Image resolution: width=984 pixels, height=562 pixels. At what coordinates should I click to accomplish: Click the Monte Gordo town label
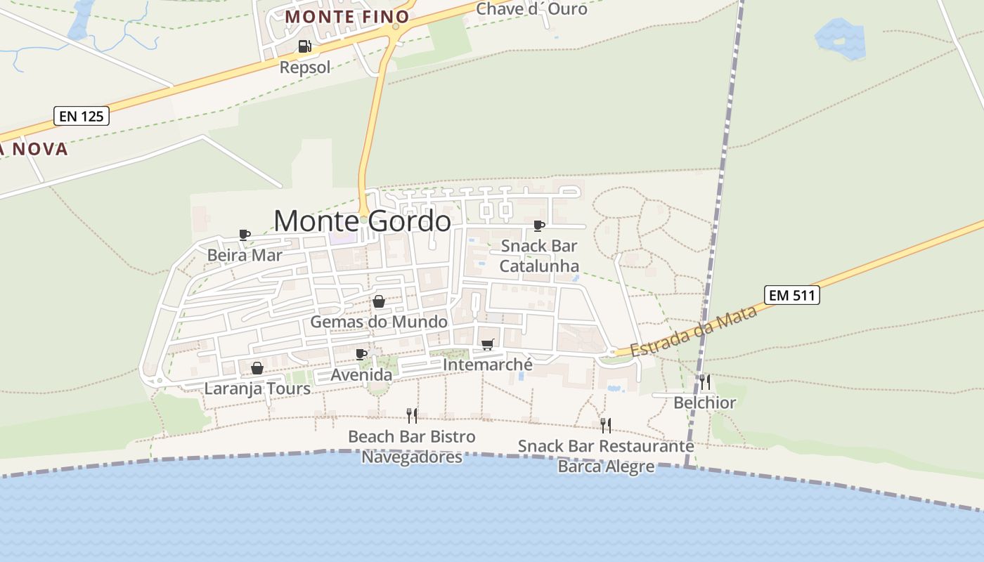coord(362,221)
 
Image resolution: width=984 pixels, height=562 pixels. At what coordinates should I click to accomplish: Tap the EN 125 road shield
coord(82,116)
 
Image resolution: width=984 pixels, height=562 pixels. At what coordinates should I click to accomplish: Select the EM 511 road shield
coord(792,295)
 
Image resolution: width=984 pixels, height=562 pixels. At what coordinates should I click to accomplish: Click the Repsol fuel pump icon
coord(304,47)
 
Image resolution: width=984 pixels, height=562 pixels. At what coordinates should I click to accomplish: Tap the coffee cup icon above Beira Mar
coord(245,235)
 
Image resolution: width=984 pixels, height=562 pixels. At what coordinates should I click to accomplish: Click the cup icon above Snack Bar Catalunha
coord(539,226)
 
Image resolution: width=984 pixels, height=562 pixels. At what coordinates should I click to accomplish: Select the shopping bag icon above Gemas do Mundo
coord(379,301)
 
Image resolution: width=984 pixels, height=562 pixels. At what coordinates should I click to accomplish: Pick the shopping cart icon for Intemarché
coord(487,344)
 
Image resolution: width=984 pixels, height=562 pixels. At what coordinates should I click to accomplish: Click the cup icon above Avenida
coord(361,354)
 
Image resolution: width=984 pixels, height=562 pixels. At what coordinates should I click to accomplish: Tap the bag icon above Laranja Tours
coord(257,368)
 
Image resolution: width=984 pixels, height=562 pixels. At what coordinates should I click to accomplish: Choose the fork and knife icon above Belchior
coord(705,382)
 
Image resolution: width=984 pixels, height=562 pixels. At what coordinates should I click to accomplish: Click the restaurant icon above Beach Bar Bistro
coord(412,416)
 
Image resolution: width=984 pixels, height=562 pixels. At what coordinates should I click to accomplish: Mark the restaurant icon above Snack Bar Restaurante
coord(606,425)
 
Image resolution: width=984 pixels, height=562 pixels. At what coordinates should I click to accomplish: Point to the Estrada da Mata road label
coord(693,332)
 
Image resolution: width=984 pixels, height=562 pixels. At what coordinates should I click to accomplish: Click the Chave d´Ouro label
coord(531,9)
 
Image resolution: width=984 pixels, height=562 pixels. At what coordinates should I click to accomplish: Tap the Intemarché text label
coord(488,365)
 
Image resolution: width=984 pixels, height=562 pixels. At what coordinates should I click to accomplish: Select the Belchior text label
coord(704,403)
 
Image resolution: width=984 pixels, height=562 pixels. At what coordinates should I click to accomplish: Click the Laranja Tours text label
coord(257,388)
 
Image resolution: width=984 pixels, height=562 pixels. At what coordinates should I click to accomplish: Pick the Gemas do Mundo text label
coord(379,322)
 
